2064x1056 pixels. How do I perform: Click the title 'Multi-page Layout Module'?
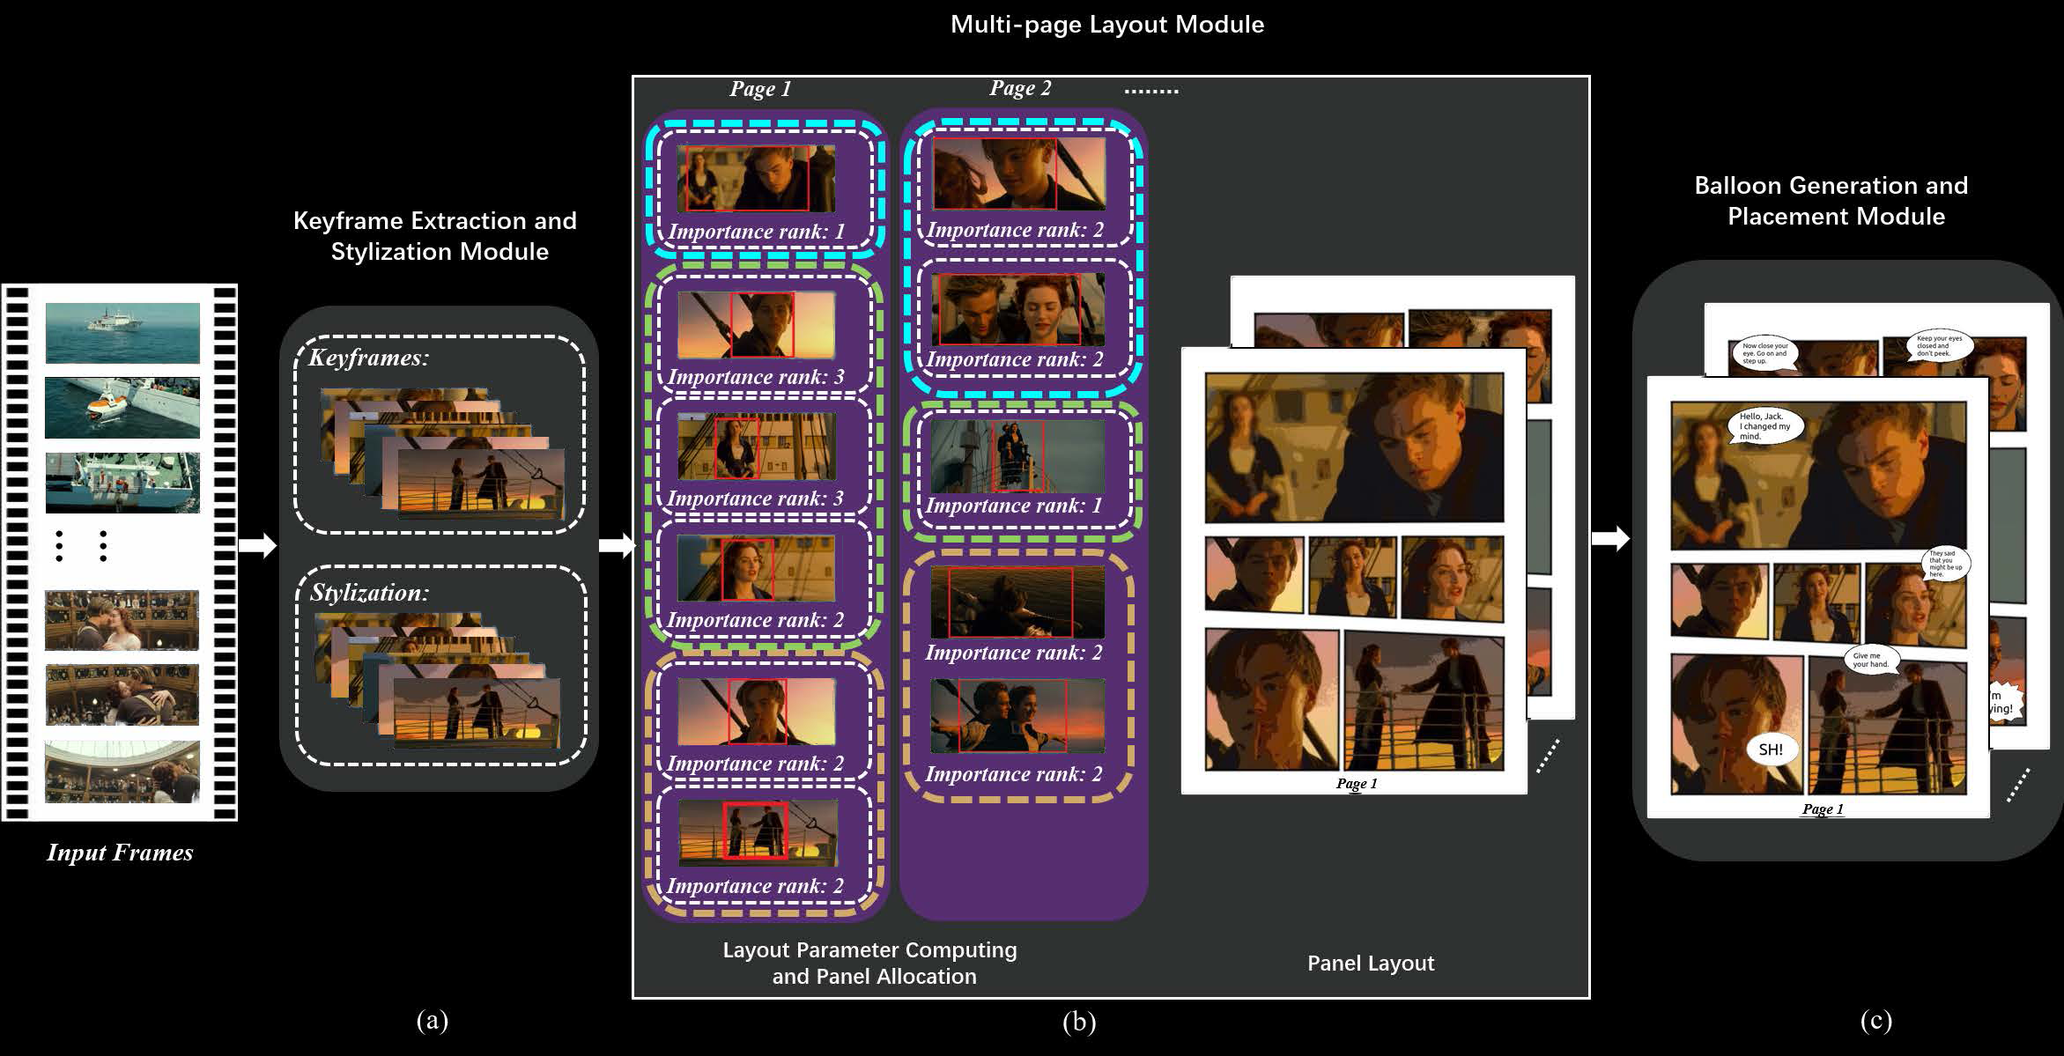click(1106, 25)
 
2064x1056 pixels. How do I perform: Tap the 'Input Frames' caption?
click(120, 853)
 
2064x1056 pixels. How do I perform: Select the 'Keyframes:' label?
click(368, 358)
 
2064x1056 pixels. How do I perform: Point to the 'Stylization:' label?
click(368, 593)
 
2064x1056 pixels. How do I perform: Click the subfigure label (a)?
click(432, 1020)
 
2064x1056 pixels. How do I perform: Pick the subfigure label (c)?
click(1875, 1020)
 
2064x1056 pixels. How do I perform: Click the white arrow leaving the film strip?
click(257, 546)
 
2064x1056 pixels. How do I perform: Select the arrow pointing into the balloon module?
click(1610, 538)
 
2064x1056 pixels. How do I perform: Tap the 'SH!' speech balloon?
click(1771, 750)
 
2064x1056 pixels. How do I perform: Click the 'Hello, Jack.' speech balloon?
click(1764, 426)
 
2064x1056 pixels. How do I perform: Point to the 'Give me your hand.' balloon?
click(1871, 660)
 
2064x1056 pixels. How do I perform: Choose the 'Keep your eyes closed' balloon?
click(1938, 346)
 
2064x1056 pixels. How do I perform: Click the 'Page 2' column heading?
click(1020, 88)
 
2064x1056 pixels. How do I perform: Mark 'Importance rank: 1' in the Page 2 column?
click(1013, 506)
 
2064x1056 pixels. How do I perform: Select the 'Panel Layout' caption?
click(1371, 963)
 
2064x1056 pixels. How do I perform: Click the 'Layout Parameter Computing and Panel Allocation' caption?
click(870, 963)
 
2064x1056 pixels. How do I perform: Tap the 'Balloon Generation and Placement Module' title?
click(1832, 201)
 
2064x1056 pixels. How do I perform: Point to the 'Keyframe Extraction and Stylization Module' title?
click(435, 236)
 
